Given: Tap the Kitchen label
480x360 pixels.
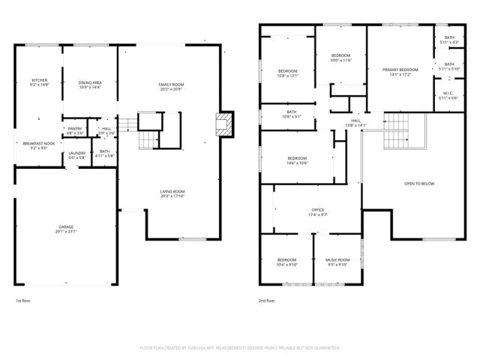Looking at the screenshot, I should [39, 82].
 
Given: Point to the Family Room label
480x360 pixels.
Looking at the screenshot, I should [170, 86].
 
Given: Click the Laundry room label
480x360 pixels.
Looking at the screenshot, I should [77, 155].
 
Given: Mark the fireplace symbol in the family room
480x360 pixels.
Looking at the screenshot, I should [221, 124].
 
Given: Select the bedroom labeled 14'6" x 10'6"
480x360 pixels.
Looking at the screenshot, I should [296, 160].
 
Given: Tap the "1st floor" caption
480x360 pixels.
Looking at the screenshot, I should [23, 301].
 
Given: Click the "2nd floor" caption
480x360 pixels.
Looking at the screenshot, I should [266, 301].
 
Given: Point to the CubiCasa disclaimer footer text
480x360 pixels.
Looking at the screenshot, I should [240, 348].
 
